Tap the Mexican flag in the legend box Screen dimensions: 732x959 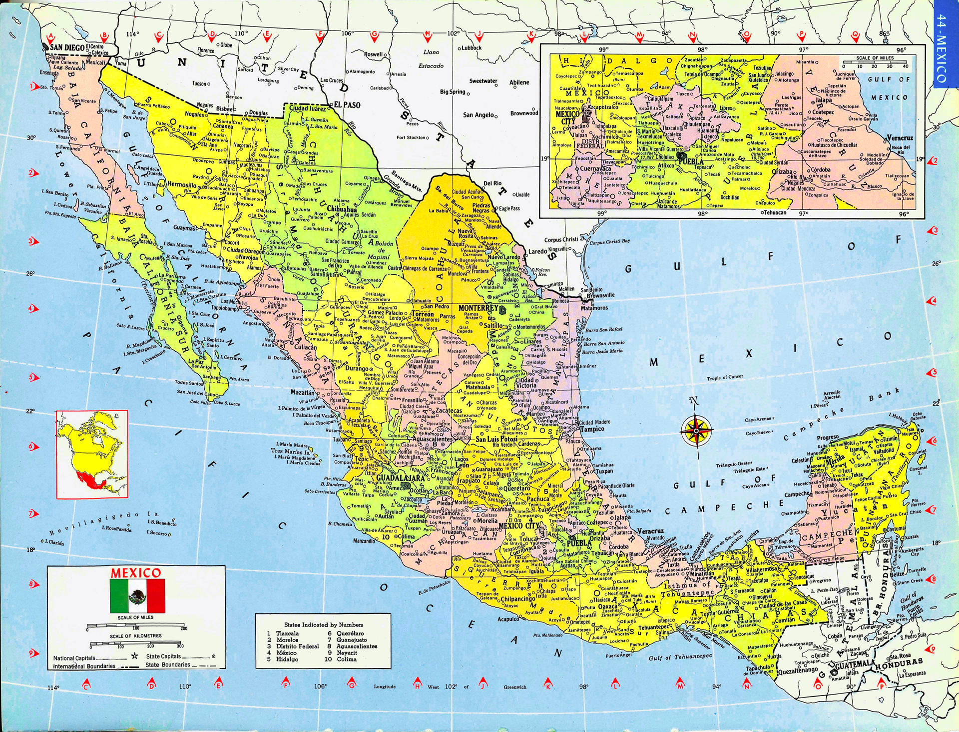[137, 596]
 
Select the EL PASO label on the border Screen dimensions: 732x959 [347, 105]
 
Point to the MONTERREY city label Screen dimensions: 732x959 [476, 307]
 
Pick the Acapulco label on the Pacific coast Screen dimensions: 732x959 [508, 619]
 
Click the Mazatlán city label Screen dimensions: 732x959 [303, 393]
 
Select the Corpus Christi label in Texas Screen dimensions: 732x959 [561, 240]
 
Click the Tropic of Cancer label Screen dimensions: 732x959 [725, 377]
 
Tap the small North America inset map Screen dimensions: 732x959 [92, 454]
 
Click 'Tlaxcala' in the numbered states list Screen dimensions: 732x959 [287, 633]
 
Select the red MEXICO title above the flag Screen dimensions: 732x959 [136, 572]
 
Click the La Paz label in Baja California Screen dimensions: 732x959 [195, 361]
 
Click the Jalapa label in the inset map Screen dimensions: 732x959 [824, 100]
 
